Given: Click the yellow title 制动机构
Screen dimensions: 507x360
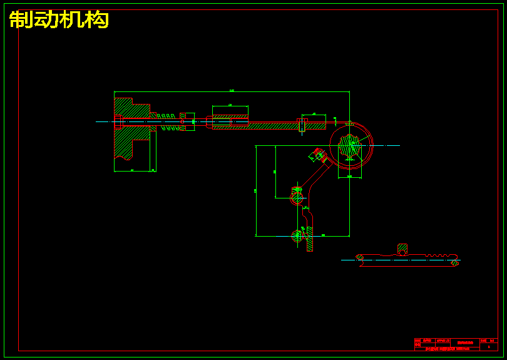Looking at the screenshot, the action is [x=59, y=19].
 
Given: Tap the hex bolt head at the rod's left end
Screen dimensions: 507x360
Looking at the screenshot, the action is [x=117, y=121].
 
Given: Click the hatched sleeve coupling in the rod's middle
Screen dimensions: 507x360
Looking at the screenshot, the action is [x=230, y=121].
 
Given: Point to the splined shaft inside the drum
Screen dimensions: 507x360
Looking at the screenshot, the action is [x=349, y=146].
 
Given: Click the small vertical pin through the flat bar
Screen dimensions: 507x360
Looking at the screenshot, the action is [x=302, y=125].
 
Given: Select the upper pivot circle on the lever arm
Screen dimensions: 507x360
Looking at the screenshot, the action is [x=297, y=197].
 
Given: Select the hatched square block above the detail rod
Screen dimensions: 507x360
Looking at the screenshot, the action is [x=402, y=249].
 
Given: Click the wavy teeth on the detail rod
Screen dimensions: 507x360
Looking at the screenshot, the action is [x=441, y=255].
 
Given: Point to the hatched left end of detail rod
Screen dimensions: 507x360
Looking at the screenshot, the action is [x=359, y=257].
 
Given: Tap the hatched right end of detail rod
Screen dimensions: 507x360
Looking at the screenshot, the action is [x=455, y=263].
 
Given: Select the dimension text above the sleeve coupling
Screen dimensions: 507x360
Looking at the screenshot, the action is [x=230, y=105].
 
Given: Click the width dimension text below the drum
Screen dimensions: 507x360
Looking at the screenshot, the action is [x=349, y=177].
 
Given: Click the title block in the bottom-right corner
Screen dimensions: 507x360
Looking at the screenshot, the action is [x=456, y=344].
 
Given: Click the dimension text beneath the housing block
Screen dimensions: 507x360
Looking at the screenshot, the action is [x=132, y=170].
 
